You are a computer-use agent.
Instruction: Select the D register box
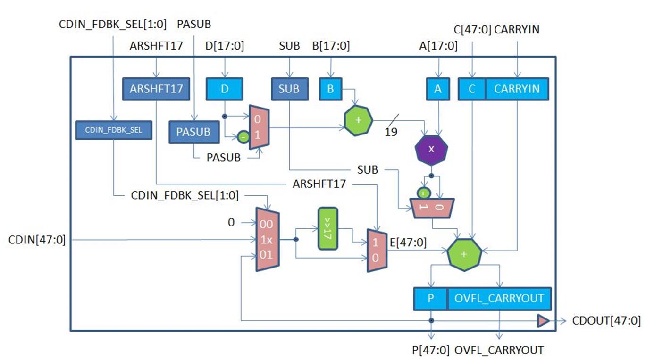click(224, 89)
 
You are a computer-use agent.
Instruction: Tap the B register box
click(330, 89)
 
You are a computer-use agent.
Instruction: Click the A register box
click(437, 89)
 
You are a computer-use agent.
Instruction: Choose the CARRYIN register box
click(517, 89)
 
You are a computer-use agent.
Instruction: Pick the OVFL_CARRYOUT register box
click(499, 299)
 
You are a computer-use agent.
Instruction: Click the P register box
click(430, 299)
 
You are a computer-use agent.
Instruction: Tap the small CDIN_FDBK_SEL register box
click(113, 130)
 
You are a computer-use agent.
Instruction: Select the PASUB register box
click(194, 132)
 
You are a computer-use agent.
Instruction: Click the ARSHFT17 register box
click(156, 89)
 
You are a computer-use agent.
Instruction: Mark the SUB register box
click(289, 89)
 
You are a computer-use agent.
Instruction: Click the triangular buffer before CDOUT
click(544, 321)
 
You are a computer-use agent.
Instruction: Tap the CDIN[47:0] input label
click(37, 240)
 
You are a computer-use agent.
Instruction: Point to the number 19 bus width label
click(391, 132)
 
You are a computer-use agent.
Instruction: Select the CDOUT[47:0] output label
click(606, 321)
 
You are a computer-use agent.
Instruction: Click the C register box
click(472, 89)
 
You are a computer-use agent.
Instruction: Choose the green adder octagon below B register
click(358, 120)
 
